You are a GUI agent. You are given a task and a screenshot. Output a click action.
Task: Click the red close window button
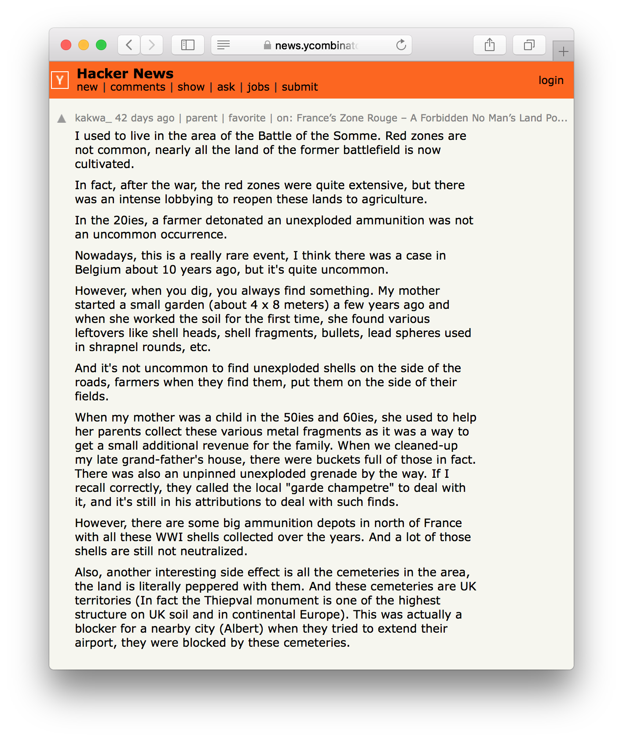pyautogui.click(x=66, y=45)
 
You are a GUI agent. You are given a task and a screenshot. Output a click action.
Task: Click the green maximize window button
pyautogui.click(x=101, y=45)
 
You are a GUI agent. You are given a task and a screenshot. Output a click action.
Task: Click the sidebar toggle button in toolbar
pyautogui.click(x=188, y=45)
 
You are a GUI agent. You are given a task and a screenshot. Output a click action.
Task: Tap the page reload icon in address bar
pyautogui.click(x=401, y=45)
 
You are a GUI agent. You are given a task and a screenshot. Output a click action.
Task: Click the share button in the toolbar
pyautogui.click(x=489, y=45)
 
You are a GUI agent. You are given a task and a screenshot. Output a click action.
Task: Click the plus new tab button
pyautogui.click(x=563, y=52)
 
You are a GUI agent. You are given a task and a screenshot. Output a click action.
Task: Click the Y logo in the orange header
pyautogui.click(x=60, y=80)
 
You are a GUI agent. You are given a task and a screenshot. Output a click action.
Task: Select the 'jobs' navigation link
pyautogui.click(x=258, y=87)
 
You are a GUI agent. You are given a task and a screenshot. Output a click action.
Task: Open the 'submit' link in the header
pyautogui.click(x=300, y=87)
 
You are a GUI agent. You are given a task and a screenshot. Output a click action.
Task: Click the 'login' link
pyautogui.click(x=551, y=81)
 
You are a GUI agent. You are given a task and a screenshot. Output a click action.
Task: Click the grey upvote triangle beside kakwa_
pyautogui.click(x=62, y=119)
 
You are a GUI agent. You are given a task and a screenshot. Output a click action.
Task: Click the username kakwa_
pyautogui.click(x=93, y=118)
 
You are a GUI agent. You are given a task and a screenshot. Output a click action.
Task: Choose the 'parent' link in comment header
pyautogui.click(x=202, y=118)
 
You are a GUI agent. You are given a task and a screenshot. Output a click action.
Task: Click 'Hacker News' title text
pyautogui.click(x=125, y=73)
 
